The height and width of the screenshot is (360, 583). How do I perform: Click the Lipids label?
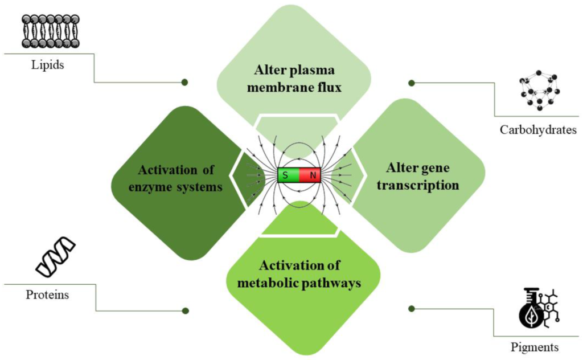coord(47,65)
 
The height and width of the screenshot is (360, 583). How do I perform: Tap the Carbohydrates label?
coord(538,130)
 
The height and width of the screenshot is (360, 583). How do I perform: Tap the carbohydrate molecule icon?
coord(539,93)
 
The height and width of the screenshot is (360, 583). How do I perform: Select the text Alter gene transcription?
coord(418,176)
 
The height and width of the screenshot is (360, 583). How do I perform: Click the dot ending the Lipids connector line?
coord(184,82)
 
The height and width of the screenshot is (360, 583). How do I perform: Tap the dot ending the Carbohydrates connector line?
coord(412,83)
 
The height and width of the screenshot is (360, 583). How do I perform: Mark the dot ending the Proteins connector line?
coord(184,311)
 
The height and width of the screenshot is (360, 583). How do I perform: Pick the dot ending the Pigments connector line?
coord(412,308)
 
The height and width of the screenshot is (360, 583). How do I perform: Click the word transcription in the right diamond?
coord(418,185)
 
